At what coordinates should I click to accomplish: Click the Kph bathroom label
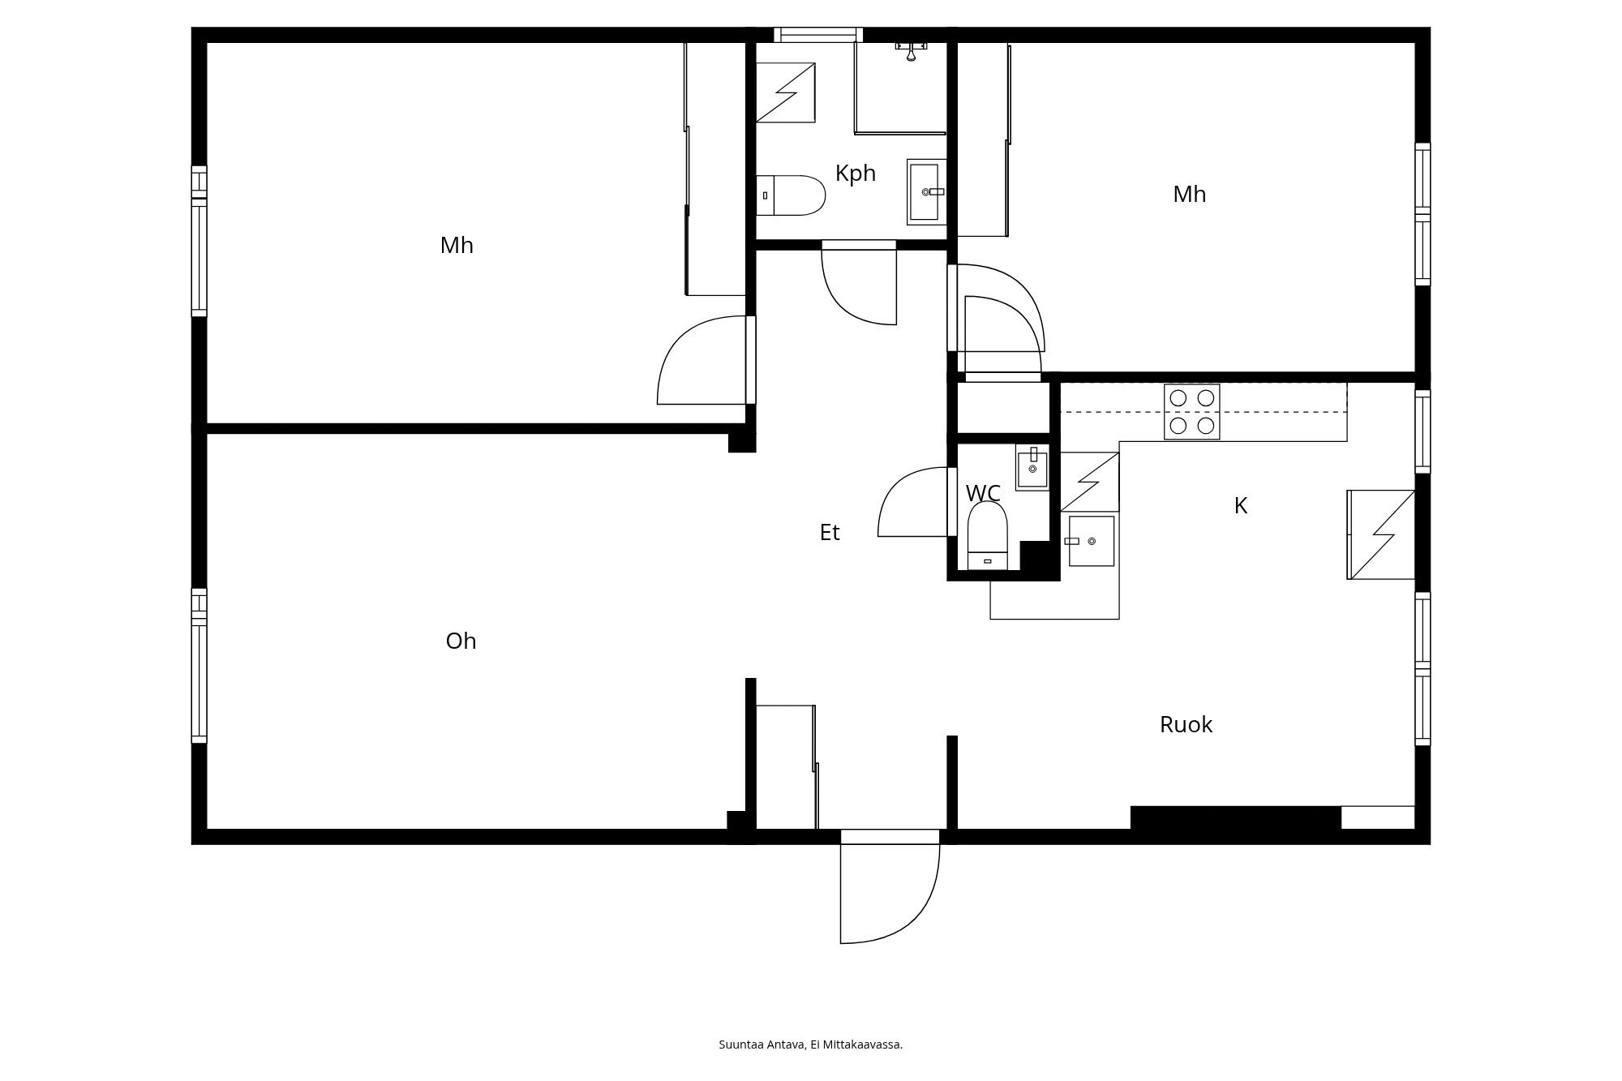[856, 174]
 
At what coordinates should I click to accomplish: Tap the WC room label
[983, 493]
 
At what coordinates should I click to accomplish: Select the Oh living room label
[461, 641]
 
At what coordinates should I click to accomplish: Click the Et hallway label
[829, 533]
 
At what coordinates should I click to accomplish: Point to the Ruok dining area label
[1186, 725]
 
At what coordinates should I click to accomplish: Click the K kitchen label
[1240, 506]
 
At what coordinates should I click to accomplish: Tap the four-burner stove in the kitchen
[1191, 411]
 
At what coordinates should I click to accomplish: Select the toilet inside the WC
[987, 535]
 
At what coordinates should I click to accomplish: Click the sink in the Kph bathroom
[925, 192]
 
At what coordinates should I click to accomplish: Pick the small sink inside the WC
[1032, 468]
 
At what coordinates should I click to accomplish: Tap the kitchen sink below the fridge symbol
[1091, 541]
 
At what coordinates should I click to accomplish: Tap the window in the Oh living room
[199, 665]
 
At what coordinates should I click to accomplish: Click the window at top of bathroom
[817, 34]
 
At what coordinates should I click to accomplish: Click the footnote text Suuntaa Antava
[810, 1045]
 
